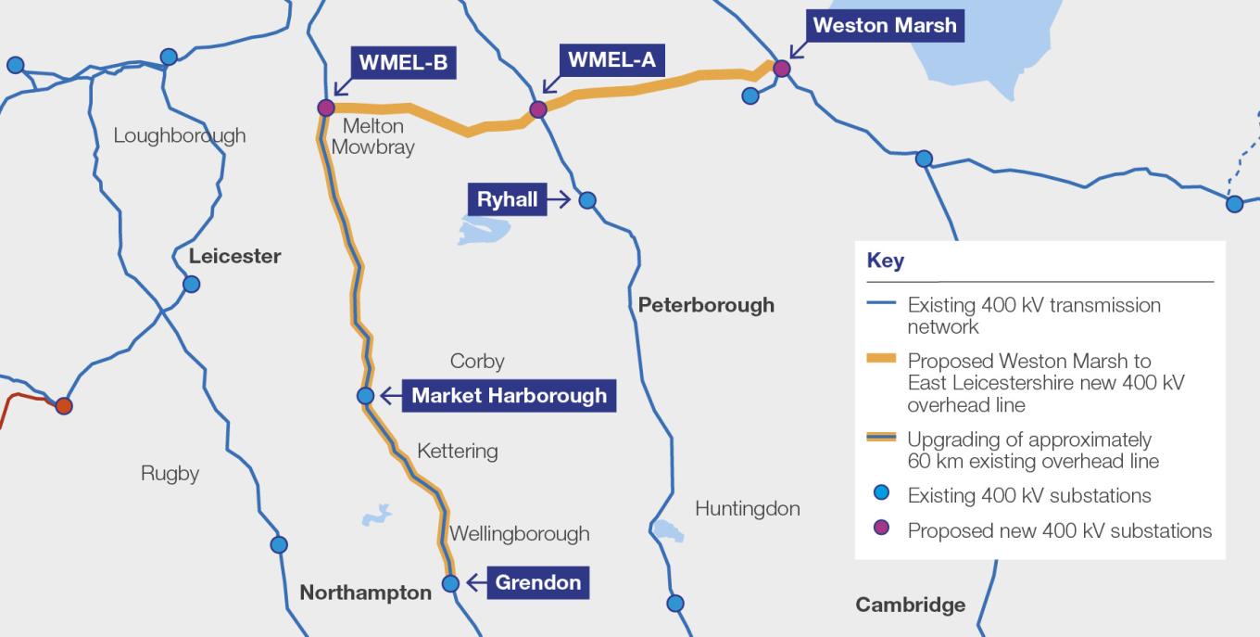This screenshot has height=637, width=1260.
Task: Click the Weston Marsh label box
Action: tap(885, 25)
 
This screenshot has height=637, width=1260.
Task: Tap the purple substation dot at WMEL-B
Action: tap(325, 108)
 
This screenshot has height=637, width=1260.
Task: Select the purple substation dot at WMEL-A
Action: tap(537, 109)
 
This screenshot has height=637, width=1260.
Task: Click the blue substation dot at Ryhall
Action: tap(586, 199)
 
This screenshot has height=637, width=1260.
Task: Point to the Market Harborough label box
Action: tap(509, 396)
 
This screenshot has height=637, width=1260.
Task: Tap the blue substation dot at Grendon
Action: tap(450, 583)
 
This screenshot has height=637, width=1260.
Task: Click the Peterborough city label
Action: tap(706, 305)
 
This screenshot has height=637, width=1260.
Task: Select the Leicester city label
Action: tap(234, 256)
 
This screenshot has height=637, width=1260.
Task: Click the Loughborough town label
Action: tap(180, 135)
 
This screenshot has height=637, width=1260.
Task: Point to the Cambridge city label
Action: tap(910, 605)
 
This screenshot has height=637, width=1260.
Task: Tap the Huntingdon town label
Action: tap(747, 508)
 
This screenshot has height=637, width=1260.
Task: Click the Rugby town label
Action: tap(170, 474)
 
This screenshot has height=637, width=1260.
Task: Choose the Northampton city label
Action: tap(365, 592)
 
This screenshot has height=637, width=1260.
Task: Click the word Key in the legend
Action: tap(885, 261)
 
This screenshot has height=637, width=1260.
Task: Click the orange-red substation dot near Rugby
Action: tap(63, 405)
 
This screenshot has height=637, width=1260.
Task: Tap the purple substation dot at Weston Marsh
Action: tap(781, 68)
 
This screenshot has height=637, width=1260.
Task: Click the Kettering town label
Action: tap(457, 452)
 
